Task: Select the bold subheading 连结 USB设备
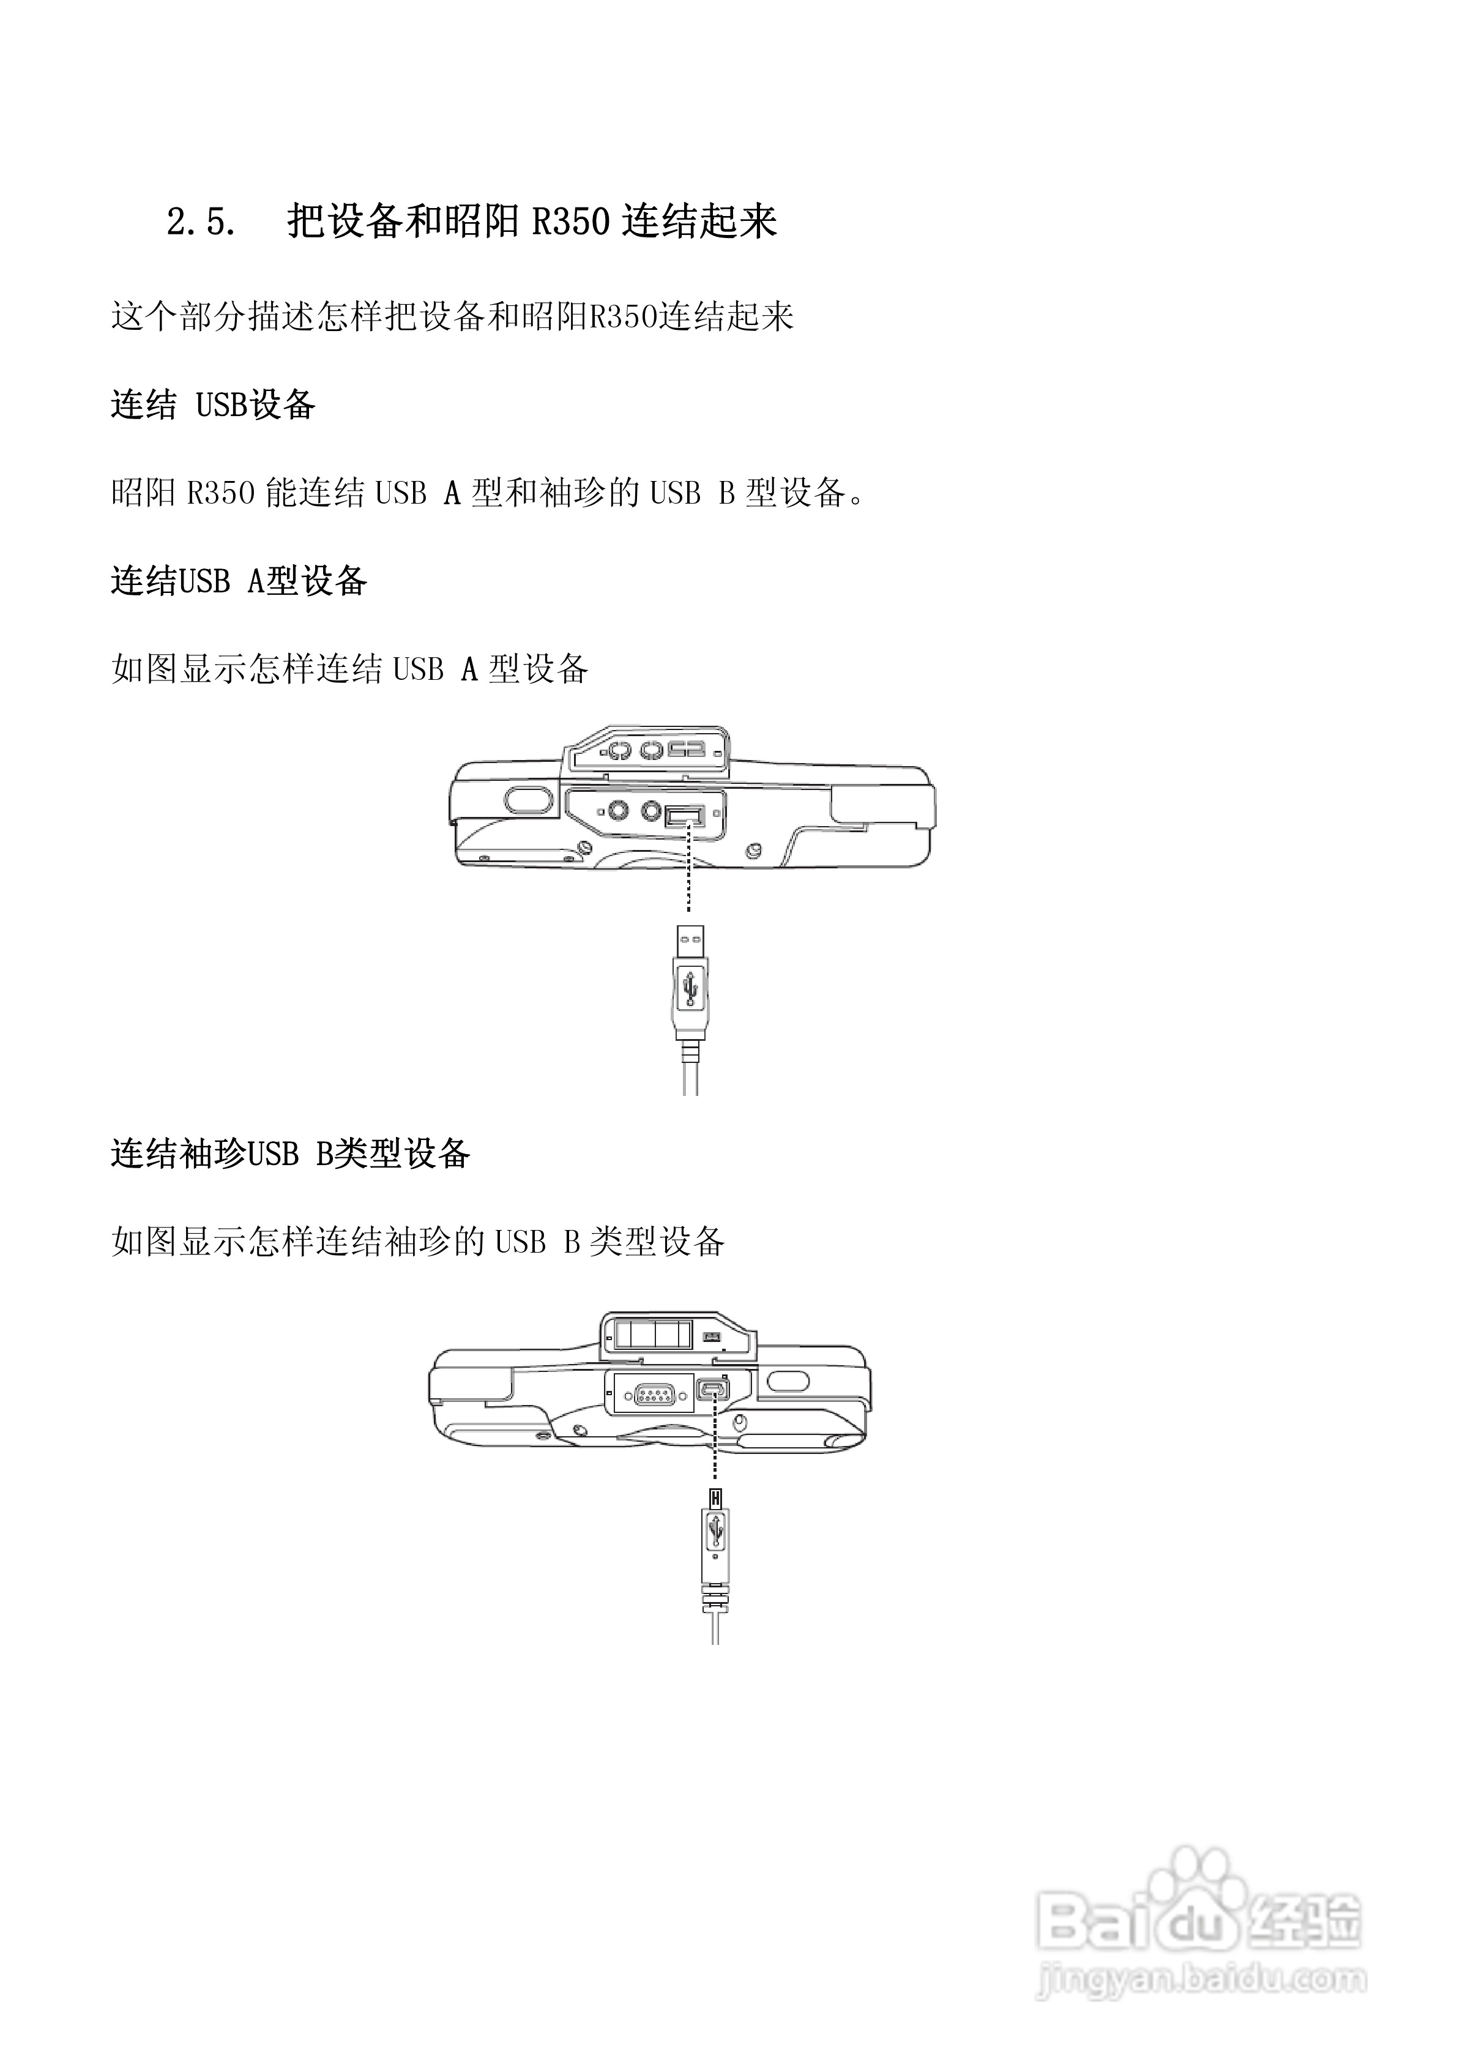pos(213,405)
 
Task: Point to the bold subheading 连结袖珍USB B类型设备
pos(290,1153)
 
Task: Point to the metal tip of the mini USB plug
pos(715,1497)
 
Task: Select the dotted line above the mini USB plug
pos(715,1445)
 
